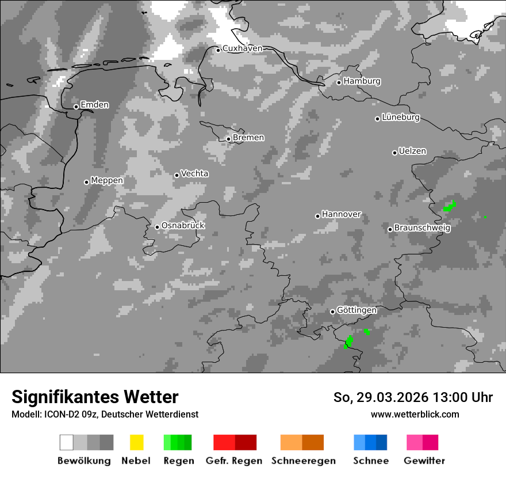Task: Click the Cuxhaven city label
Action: coord(242,48)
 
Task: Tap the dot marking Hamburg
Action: coord(339,82)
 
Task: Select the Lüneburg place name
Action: coord(401,117)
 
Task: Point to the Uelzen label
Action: coord(412,151)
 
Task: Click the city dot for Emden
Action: coord(76,107)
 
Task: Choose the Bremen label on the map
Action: coord(248,138)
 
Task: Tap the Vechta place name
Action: coord(194,173)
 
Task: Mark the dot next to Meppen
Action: coord(86,182)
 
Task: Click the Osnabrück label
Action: coord(183,226)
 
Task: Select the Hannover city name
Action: coord(341,214)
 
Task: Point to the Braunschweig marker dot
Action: coord(390,229)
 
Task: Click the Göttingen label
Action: coord(356,310)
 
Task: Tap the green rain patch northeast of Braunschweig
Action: coord(450,207)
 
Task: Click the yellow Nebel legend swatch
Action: coord(136,442)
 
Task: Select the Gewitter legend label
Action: coord(424,461)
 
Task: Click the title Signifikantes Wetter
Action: coord(95,397)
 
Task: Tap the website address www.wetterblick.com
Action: coord(415,414)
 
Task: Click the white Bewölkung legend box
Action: coord(66,442)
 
